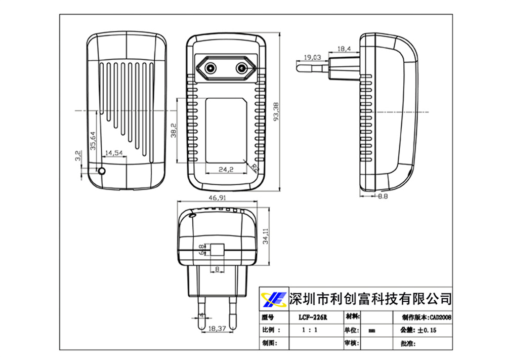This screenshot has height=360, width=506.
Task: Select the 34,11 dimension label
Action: pyautogui.click(x=266, y=235)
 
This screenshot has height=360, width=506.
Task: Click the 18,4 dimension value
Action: pyautogui.click(x=344, y=49)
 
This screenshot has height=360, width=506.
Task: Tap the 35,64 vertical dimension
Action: pyautogui.click(x=93, y=141)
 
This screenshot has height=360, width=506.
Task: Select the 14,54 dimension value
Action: pyautogui.click(x=113, y=152)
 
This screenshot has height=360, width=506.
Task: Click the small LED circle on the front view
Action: pyautogui.click(x=102, y=171)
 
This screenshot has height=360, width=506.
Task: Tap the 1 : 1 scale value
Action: pyautogui.click(x=310, y=330)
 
